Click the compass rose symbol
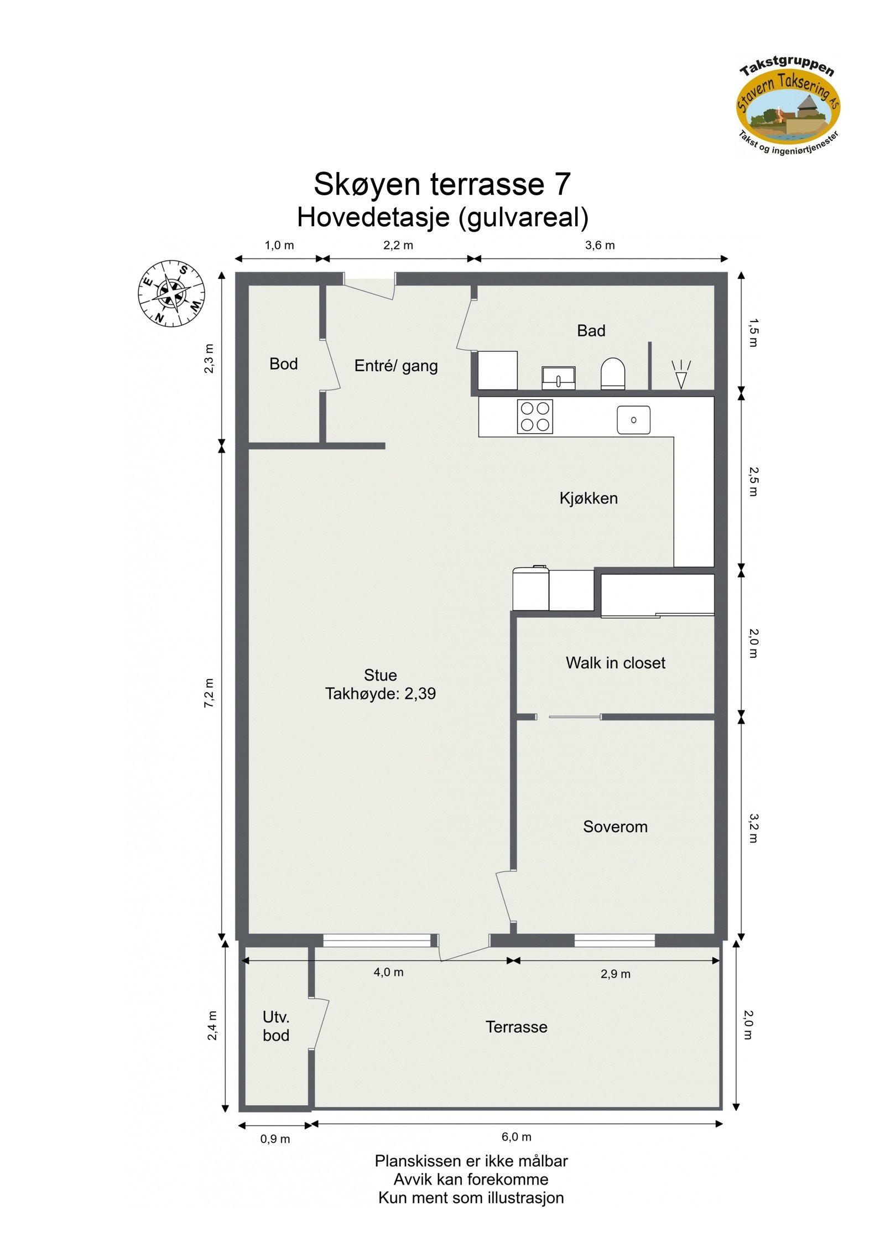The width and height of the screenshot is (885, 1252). click(x=171, y=293)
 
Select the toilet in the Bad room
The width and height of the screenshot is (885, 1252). click(x=612, y=373)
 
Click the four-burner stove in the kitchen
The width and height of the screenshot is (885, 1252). click(x=535, y=416)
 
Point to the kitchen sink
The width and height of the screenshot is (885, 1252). click(x=633, y=420)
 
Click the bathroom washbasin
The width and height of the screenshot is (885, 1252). click(x=558, y=378)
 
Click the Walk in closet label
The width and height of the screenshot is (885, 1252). click(x=615, y=663)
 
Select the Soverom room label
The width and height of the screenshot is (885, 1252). click(x=615, y=827)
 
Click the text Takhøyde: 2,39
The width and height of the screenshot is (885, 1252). click(x=380, y=694)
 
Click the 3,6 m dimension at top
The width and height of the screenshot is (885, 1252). click(x=600, y=245)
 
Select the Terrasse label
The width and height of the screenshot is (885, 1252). click(x=516, y=1027)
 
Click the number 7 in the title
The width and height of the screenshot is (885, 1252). click(x=561, y=184)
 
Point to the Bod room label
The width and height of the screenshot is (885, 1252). click(x=283, y=364)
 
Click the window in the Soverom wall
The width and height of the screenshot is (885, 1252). click(x=614, y=941)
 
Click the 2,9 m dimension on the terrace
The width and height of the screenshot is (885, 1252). click(x=615, y=974)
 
